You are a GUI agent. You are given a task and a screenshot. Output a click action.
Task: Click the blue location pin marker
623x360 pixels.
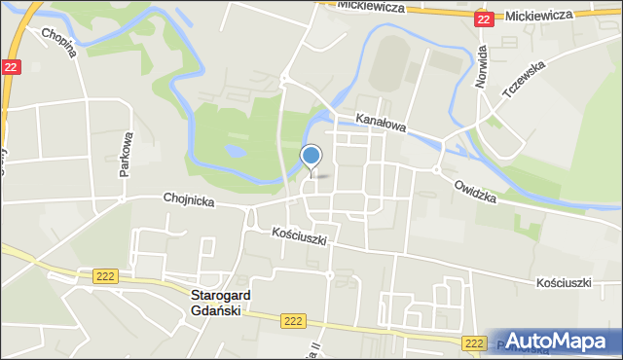[x=311, y=157]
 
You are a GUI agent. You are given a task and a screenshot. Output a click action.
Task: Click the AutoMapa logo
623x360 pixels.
[x=564, y=342]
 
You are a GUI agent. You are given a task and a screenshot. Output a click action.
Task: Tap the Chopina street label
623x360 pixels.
[x=57, y=44]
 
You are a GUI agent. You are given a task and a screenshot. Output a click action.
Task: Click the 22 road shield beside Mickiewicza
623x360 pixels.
[x=484, y=18]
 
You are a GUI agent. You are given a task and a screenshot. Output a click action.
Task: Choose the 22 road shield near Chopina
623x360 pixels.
[x=11, y=66]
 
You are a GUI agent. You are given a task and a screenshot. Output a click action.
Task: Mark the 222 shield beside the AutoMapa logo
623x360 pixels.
[x=474, y=342]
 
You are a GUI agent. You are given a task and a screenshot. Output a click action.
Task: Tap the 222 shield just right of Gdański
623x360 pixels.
[x=291, y=319]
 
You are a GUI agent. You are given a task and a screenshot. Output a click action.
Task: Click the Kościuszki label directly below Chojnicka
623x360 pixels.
[x=300, y=235]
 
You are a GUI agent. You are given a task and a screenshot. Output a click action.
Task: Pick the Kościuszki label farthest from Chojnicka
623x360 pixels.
[x=564, y=282]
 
